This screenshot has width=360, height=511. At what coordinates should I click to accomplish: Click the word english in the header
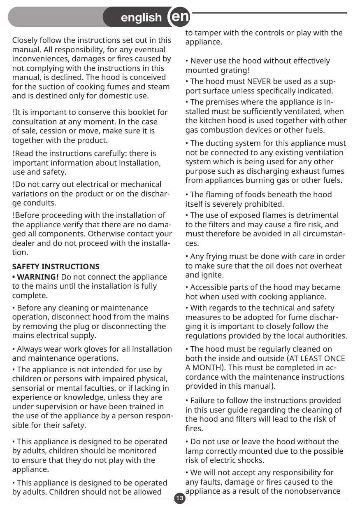tap(142, 18)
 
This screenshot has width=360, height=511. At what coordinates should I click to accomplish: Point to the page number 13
tap(180, 499)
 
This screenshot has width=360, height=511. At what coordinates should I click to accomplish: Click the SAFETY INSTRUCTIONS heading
tap(56, 267)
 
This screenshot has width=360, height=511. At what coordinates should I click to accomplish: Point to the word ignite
tap(212, 275)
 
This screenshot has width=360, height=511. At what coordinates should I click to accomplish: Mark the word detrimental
tap(316, 215)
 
